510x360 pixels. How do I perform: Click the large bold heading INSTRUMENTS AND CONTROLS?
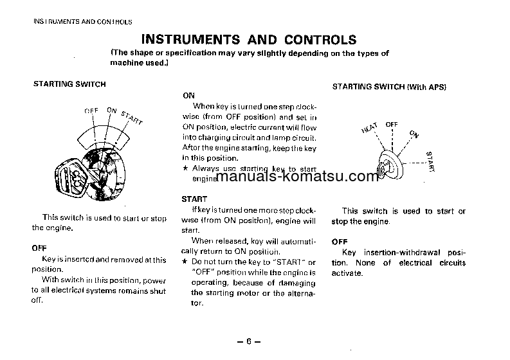[248, 40]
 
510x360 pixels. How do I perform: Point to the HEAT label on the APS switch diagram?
[369, 129]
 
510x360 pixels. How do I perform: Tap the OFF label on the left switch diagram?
[91, 111]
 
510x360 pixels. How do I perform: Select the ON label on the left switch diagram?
[111, 111]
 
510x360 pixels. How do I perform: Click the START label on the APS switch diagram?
[430, 161]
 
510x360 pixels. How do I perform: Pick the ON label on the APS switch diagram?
[413, 134]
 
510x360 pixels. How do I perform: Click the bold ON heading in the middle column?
[188, 95]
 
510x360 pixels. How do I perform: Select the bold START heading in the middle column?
[194, 200]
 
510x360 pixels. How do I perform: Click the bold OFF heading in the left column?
[39, 248]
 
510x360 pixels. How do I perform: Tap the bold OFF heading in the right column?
[339, 242]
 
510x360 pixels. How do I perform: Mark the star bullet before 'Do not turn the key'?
[185, 262]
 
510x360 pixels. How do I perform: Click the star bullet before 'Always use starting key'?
[185, 168]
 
